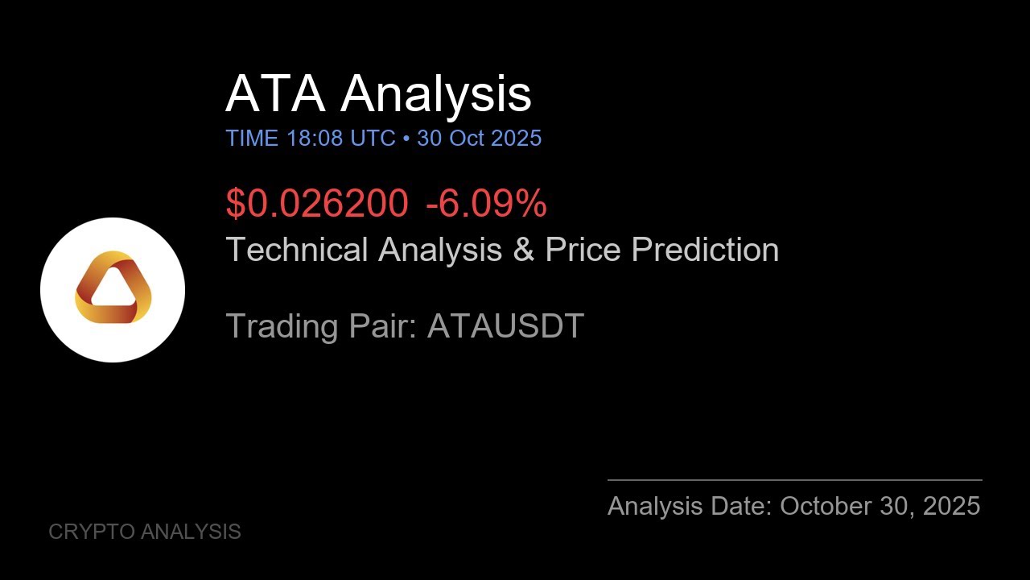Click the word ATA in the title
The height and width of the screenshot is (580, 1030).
(275, 93)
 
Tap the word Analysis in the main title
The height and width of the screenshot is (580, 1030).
(435, 93)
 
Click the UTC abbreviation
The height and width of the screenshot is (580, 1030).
(373, 138)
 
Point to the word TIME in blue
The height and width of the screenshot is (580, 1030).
(252, 138)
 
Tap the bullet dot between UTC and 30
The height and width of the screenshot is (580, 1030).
(406, 139)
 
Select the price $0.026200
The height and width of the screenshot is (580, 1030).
(316, 203)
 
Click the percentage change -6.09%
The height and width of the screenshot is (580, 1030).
(486, 203)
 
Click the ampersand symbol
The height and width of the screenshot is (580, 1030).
(523, 250)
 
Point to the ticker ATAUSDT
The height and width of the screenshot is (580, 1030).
(505, 326)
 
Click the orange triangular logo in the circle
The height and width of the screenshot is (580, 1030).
(113, 288)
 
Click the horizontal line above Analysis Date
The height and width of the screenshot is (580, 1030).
(794, 480)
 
